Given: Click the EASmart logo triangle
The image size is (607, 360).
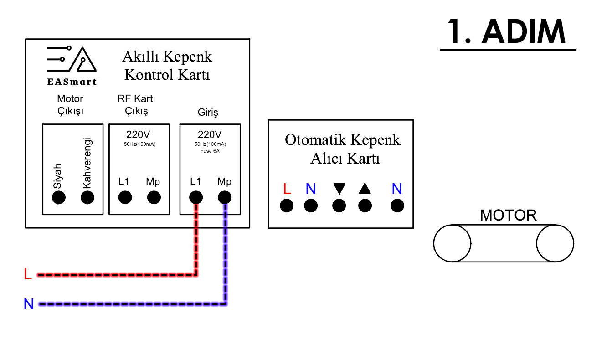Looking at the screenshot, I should click(87, 61).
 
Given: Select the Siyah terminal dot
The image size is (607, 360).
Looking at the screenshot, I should click(59, 198).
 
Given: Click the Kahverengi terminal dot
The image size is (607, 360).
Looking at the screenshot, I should click(87, 198).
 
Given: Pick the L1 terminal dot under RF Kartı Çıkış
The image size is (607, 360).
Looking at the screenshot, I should click(125, 198).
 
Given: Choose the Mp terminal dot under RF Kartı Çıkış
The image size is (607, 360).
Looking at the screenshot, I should click(154, 198).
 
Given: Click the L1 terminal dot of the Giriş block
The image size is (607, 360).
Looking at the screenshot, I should click(196, 197).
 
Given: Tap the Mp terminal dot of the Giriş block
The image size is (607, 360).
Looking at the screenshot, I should click(225, 197).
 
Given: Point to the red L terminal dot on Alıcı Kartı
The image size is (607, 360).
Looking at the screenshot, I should click(287, 206).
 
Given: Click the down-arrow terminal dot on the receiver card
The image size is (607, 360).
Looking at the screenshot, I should click(339, 206).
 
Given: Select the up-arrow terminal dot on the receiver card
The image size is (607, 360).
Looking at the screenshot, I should click(365, 206).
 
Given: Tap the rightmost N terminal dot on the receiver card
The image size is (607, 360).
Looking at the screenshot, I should click(397, 206).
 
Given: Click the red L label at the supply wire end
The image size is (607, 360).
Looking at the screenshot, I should click(28, 274).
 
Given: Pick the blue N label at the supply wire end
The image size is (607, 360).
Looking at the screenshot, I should click(29, 304).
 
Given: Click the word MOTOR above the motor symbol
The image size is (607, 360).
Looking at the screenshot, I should click(508, 215).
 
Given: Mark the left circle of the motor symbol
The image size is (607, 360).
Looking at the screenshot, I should click(452, 243).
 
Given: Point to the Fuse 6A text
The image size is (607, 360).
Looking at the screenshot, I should click(210, 151).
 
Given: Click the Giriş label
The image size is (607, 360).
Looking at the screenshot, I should click(208, 112).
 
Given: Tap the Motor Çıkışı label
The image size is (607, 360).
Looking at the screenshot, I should click(70, 105).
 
